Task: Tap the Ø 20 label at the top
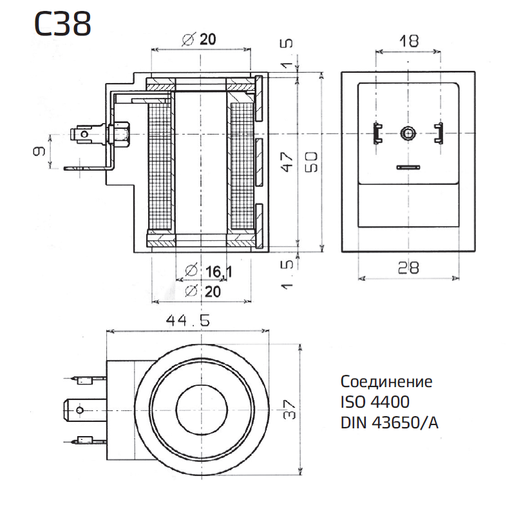point(199,40)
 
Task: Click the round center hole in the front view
point(407,133)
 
